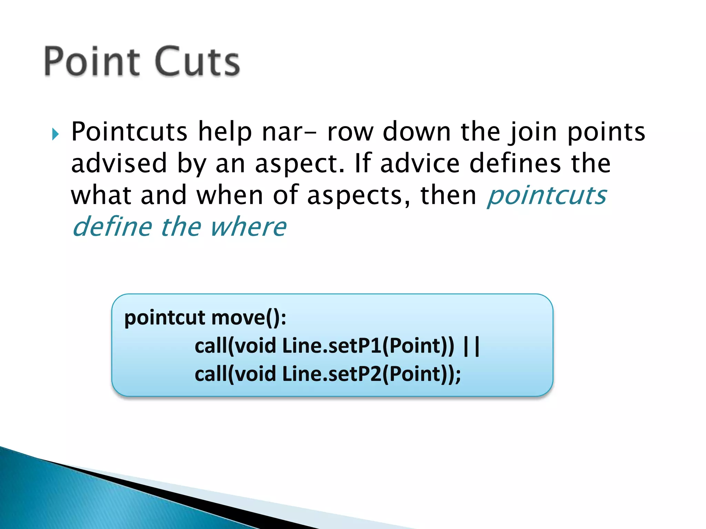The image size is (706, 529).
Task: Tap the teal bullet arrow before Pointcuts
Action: (56, 134)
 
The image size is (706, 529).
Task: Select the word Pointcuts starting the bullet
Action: (129, 132)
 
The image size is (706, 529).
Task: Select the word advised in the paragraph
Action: (119, 163)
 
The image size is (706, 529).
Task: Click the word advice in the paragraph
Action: (420, 163)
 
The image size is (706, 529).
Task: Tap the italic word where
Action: (248, 227)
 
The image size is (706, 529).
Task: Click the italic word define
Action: (112, 227)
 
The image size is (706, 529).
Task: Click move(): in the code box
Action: (249, 318)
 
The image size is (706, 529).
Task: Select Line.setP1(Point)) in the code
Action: (368, 346)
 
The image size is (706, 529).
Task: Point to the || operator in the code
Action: (472, 346)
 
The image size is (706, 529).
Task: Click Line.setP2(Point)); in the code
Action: (371, 374)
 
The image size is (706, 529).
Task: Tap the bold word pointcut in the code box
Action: (165, 318)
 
